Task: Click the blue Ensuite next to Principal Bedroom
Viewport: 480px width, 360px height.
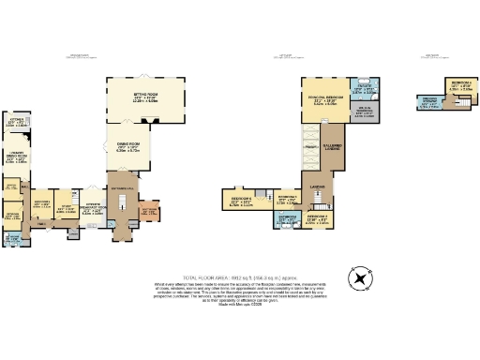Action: click(366, 92)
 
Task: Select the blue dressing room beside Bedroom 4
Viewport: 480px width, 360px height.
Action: click(429, 103)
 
